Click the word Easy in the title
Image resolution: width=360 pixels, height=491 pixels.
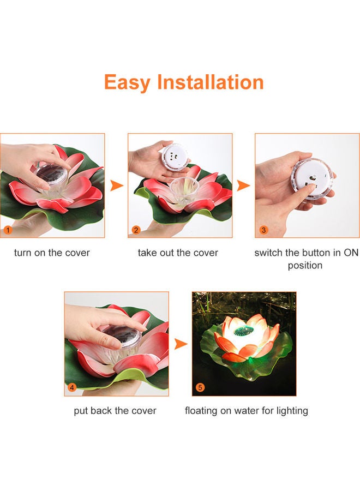[x=128, y=82]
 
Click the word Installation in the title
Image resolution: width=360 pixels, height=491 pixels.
[x=210, y=82]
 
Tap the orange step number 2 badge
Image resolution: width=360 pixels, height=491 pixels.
[x=136, y=230]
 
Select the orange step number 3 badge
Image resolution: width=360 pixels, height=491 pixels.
[x=263, y=230]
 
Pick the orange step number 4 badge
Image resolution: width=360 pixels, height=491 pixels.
[x=72, y=388]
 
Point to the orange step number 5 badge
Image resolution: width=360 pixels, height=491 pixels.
[x=200, y=388]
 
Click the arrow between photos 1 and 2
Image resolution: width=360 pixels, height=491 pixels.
[x=116, y=185]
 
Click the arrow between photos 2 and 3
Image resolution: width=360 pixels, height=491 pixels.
[x=243, y=185]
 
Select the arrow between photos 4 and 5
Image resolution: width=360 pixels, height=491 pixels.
[x=180, y=344]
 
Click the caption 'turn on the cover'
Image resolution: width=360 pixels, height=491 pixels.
[x=52, y=253]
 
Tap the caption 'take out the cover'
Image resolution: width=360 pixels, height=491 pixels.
[x=178, y=253]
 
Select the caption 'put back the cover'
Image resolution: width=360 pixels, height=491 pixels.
[x=115, y=411]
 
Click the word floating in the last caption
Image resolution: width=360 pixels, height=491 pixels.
[x=202, y=411]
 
